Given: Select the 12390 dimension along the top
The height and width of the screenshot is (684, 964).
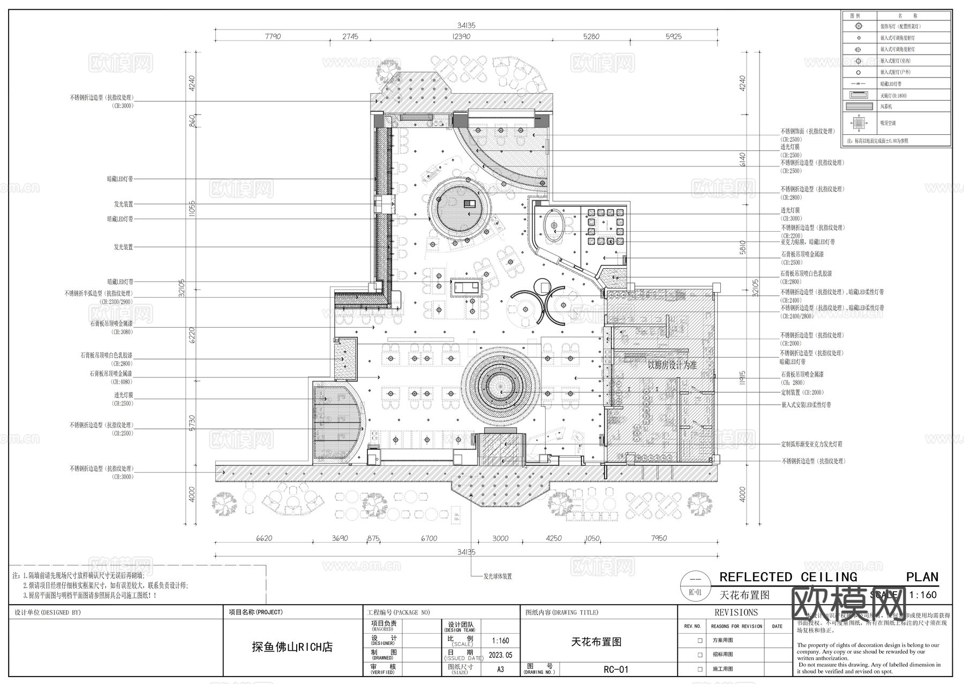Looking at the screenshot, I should (461, 36).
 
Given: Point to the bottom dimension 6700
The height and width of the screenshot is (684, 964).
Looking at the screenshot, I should (429, 538).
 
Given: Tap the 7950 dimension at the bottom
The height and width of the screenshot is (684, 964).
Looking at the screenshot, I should (659, 538).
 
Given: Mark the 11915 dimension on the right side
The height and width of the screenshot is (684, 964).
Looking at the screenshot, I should (742, 378).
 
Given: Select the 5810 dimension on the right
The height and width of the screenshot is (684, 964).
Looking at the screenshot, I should (742, 247).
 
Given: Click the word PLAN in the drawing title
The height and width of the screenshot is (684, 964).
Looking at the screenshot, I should (922, 577).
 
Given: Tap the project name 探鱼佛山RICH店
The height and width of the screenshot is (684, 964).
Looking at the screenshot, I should (292, 647).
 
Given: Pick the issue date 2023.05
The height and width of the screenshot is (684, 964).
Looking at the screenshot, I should (501, 655).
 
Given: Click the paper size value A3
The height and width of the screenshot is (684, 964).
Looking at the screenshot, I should (501, 669).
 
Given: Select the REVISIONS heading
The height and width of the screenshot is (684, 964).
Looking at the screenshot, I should (736, 612).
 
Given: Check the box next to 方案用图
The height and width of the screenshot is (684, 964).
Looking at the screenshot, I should (699, 640).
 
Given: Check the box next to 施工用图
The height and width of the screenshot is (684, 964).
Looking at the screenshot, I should (699, 669).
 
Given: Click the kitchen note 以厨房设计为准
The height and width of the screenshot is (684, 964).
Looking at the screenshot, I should (672, 366).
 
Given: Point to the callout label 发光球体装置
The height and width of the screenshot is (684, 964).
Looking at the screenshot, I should (498, 576).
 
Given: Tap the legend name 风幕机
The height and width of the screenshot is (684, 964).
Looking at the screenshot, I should (886, 107).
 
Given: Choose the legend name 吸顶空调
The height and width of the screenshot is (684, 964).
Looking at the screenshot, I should (888, 123).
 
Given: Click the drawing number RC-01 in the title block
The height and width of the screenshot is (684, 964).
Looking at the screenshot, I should (615, 669).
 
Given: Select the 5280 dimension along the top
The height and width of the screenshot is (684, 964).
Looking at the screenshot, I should (591, 36).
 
